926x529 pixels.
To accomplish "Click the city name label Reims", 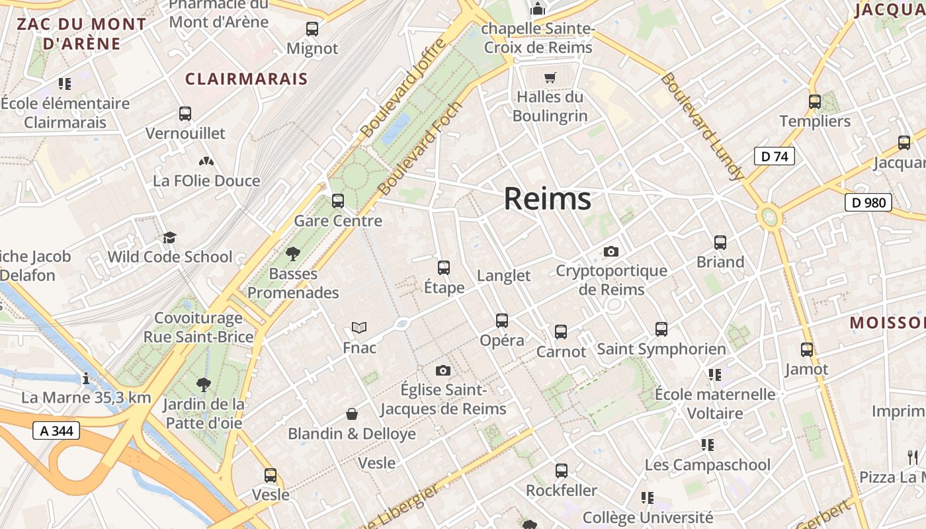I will (548, 198).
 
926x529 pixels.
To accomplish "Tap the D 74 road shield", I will (774, 157).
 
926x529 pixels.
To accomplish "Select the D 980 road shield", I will (868, 202).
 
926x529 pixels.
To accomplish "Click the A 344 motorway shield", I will (56, 431).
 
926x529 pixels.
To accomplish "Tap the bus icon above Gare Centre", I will (338, 200).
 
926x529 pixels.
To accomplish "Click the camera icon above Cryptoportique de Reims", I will (611, 251).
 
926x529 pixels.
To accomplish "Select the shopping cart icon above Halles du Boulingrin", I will (550, 77).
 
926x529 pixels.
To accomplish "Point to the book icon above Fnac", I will (359, 327).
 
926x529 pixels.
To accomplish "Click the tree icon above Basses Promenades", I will (293, 253).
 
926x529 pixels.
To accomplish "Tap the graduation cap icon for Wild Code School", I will (170, 237).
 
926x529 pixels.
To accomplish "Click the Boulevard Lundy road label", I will (702, 126).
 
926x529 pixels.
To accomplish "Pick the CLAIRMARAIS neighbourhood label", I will (246, 79).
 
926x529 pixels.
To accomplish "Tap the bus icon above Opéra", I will (502, 321).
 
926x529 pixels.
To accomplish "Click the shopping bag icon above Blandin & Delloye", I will (352, 414).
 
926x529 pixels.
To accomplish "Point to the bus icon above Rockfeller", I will (562, 471).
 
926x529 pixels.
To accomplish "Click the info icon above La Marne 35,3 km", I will (85, 379).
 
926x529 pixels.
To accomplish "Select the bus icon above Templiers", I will (815, 102).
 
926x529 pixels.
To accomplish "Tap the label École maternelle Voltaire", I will (715, 403).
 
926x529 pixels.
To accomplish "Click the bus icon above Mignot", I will (312, 29).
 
